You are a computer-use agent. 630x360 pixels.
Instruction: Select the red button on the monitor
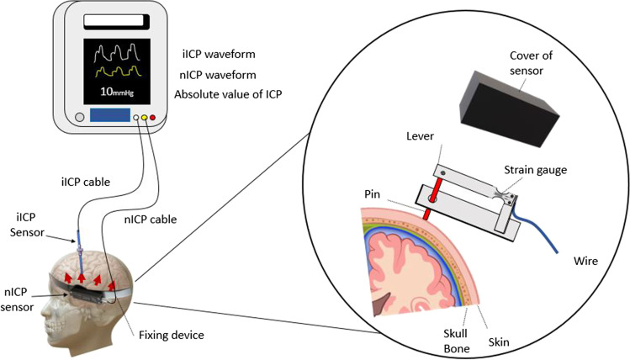tap(153, 118)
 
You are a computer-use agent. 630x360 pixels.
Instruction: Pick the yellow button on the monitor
tap(145, 118)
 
